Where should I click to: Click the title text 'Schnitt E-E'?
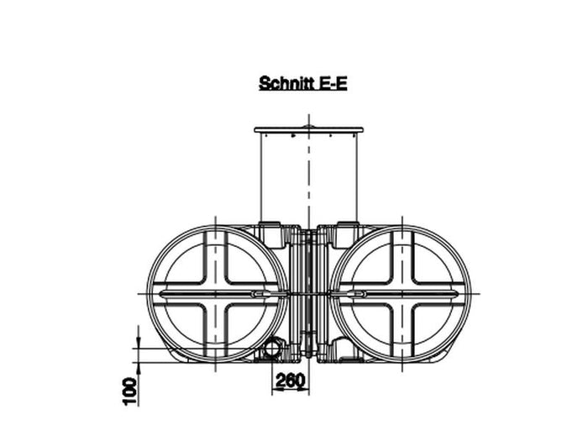coord(302,84)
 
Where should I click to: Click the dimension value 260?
coord(290,381)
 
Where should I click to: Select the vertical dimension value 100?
coord(129,391)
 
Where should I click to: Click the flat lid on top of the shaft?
coord(309,130)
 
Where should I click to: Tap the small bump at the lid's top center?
coord(309,127)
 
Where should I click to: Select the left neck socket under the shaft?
coord(270,228)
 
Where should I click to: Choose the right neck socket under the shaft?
coord(347,228)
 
